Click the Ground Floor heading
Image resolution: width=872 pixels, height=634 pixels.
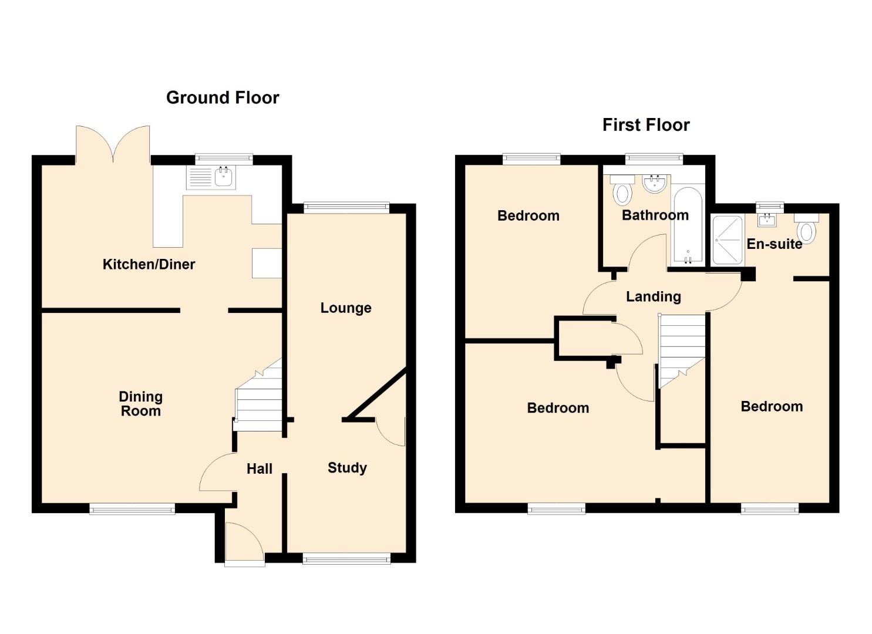point(223,97)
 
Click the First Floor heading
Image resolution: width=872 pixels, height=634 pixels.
point(646,125)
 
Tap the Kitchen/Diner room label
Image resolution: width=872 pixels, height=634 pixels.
point(149,264)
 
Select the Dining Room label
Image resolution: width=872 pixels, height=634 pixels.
point(140,404)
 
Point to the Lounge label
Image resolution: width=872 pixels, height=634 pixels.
point(346,308)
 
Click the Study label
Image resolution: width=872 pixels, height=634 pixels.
point(347,468)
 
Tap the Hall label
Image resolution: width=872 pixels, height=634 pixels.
point(260,468)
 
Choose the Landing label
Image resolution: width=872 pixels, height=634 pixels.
point(654,296)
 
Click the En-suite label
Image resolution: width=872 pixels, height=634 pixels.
point(775,244)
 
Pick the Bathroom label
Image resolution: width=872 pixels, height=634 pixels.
point(655,215)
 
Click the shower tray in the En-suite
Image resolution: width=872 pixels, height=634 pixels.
point(728,240)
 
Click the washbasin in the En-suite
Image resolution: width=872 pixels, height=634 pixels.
point(767,220)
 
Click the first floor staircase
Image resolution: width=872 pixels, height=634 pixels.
point(682,350)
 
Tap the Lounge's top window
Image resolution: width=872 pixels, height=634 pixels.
point(346,207)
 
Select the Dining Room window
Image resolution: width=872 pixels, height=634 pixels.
point(132,509)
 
